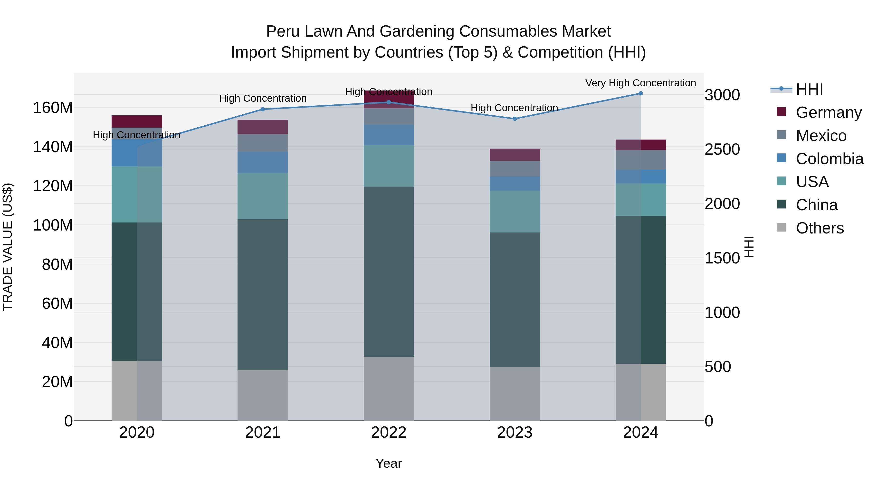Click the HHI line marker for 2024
pos(640,93)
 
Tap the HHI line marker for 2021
pos(262,110)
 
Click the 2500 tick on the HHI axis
pos(722,150)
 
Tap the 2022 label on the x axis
pos(389,433)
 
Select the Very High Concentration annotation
pos(640,83)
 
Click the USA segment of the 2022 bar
pos(389,166)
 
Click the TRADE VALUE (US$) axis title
pos(8,247)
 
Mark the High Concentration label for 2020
pos(136,135)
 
